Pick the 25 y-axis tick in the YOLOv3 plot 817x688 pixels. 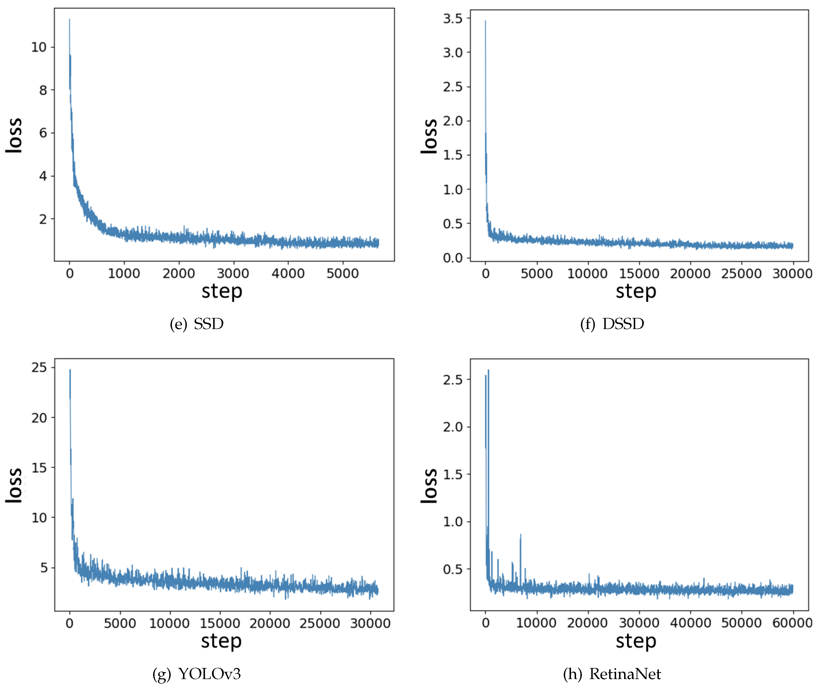(39, 367)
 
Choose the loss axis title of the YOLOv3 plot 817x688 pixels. (14, 485)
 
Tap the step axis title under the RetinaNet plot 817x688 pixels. (636, 642)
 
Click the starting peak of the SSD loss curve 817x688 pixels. (70, 20)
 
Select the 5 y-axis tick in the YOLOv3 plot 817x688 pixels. (44, 568)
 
